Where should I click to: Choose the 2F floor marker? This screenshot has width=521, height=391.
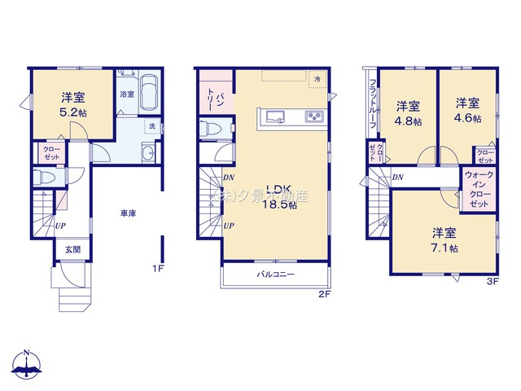coord(323,294)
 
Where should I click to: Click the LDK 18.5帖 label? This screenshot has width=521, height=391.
coord(277,200)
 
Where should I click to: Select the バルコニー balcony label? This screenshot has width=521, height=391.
coord(277,275)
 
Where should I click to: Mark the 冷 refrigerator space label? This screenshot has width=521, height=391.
coord(318,79)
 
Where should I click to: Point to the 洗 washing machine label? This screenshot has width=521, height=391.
coord(151,126)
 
